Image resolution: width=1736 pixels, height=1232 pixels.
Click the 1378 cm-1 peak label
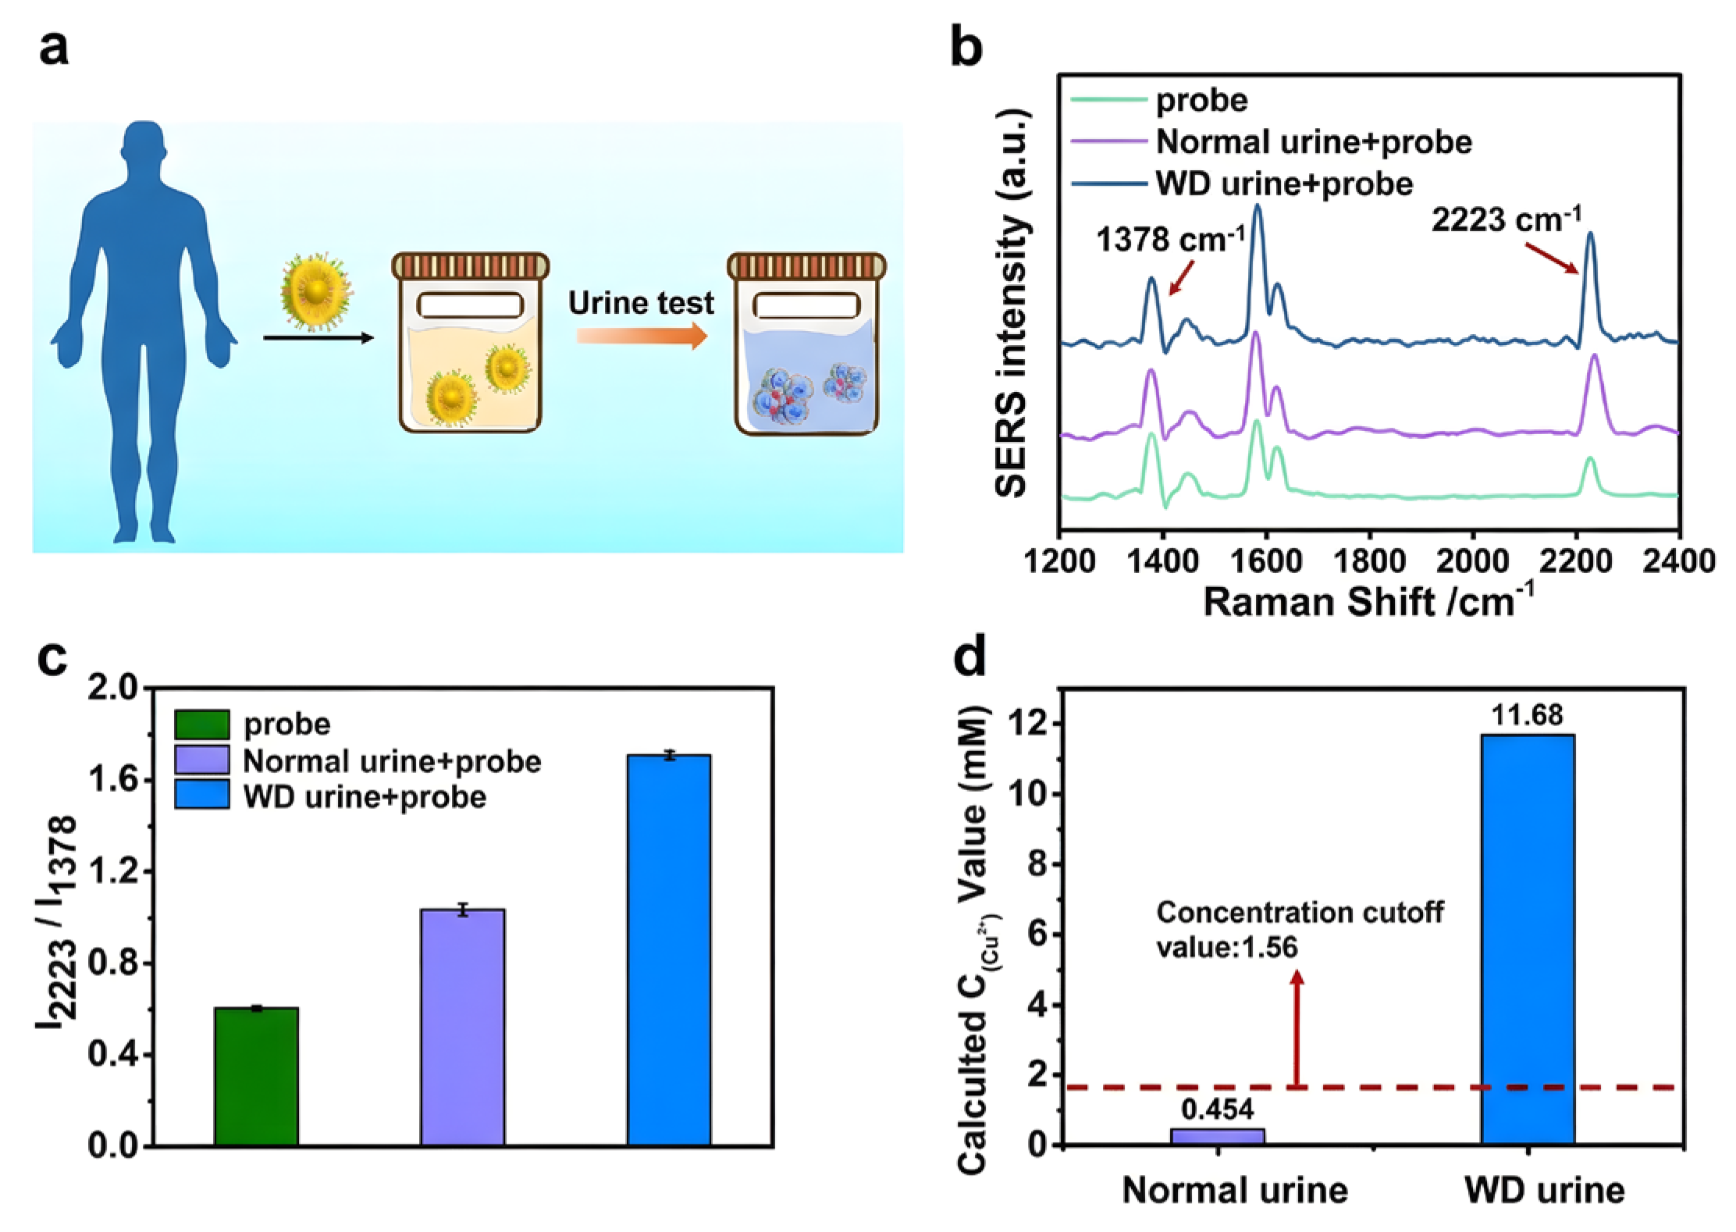pos(1169,240)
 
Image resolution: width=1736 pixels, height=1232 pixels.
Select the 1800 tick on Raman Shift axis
pos(1369,561)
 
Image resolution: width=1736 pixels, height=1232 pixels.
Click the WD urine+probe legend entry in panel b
pos(1284,184)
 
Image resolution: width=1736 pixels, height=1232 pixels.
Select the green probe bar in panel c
pos(257,1077)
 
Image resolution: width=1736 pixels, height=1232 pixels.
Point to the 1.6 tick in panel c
pos(113,780)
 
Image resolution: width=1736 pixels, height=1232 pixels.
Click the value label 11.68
pos(1527,715)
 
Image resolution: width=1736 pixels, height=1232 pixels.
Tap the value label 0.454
pos(1217,1109)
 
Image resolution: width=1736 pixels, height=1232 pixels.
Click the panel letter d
pos(969,656)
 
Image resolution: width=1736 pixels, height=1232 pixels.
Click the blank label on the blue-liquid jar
pos(806,305)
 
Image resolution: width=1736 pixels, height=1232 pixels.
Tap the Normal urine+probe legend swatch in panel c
pos(202,760)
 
